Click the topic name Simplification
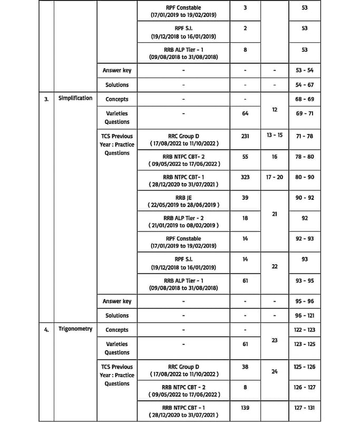click(75, 98)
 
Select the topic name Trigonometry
click(75, 329)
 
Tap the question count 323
click(245, 177)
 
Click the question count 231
click(245, 136)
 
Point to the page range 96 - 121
click(304, 315)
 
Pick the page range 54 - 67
click(304, 84)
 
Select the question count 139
click(245, 408)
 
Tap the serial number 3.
click(46, 99)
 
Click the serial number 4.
click(46, 330)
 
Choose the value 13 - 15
click(275, 136)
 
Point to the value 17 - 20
click(275, 177)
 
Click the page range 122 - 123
click(304, 330)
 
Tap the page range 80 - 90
click(304, 177)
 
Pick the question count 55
click(245, 157)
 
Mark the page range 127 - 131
click(304, 408)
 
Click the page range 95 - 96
click(304, 301)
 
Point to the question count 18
click(245, 218)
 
